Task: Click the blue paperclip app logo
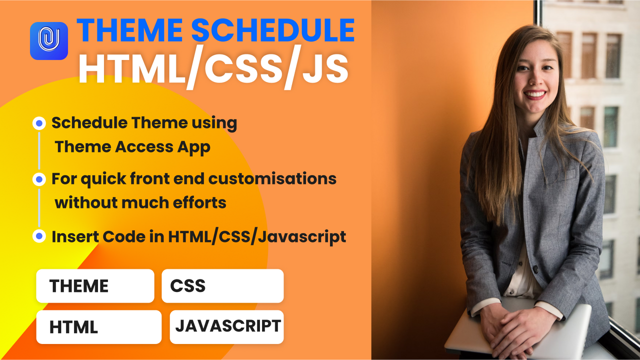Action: click(x=49, y=41)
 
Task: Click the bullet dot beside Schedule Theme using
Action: click(x=39, y=123)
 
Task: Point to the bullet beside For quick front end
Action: click(x=39, y=179)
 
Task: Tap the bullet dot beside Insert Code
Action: click(x=39, y=236)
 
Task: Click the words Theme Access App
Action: click(x=132, y=147)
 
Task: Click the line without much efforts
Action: click(x=140, y=203)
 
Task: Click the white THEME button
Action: click(x=95, y=286)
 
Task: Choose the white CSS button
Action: click(x=222, y=286)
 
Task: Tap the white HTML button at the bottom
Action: click(x=98, y=327)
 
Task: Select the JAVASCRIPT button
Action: click(x=227, y=326)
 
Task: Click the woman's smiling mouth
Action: click(x=535, y=93)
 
